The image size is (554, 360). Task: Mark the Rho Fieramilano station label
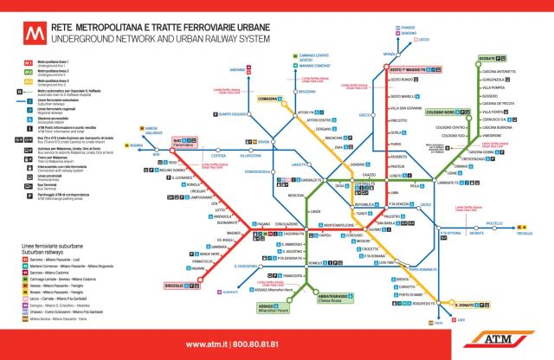[x=187, y=141]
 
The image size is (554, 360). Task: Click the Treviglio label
[x=525, y=234]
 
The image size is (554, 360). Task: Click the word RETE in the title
[x=62, y=27]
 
